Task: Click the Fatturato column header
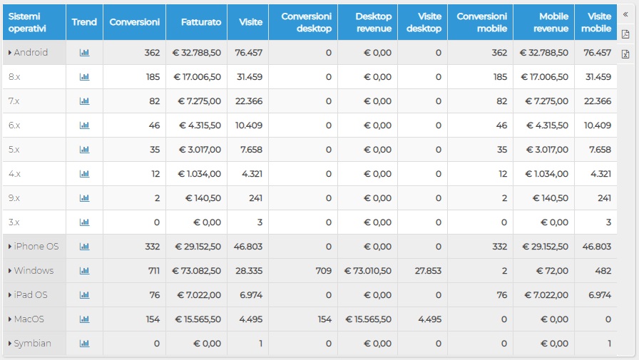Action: click(x=201, y=22)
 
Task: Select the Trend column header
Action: click(x=84, y=22)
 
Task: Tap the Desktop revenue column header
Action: click(x=374, y=22)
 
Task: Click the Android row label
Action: click(x=31, y=53)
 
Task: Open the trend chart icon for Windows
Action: click(x=84, y=271)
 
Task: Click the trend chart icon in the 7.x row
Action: click(x=84, y=101)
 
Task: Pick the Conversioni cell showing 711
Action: click(x=153, y=271)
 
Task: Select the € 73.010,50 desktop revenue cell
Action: click(x=367, y=271)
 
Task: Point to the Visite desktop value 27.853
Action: click(x=428, y=271)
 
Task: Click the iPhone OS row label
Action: click(x=36, y=247)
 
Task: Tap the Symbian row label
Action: click(x=33, y=344)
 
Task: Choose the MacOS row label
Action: click(x=29, y=319)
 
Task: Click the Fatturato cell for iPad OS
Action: click(x=199, y=295)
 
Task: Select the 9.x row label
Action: click(x=14, y=198)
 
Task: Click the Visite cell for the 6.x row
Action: click(x=249, y=125)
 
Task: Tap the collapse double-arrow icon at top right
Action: click(x=625, y=15)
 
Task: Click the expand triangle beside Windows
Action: click(x=10, y=271)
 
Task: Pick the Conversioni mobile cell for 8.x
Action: click(x=500, y=77)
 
